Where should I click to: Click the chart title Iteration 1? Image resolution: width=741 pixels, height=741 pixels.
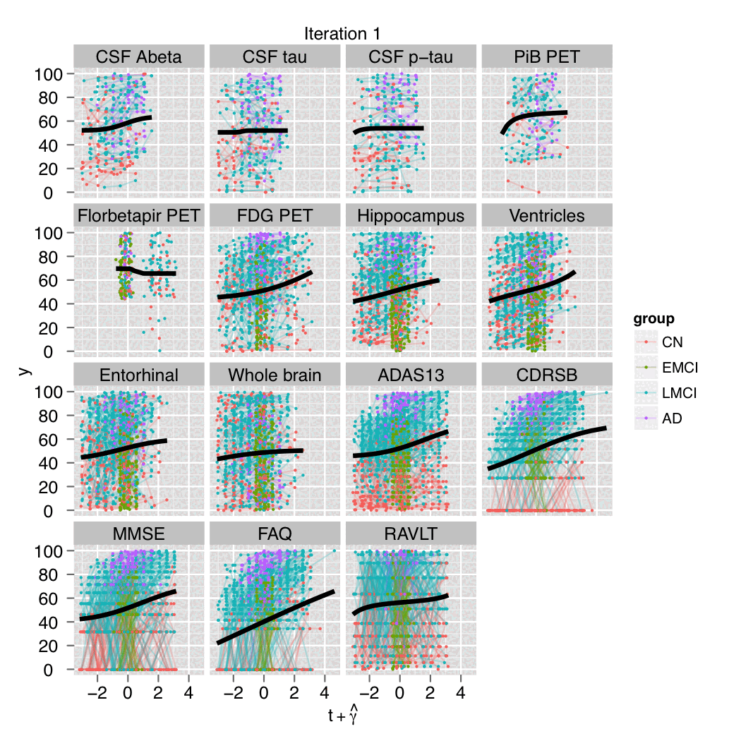(343, 35)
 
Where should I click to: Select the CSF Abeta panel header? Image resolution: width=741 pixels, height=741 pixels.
(138, 57)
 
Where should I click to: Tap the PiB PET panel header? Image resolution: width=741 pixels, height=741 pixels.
(547, 57)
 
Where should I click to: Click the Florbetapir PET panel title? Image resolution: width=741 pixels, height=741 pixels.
(138, 216)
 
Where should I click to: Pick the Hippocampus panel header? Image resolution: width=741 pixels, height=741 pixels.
(411, 216)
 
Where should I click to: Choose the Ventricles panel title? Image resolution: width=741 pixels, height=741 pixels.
(547, 216)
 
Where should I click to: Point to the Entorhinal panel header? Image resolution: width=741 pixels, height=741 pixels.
(138, 375)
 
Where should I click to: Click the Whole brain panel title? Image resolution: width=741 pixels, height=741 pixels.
(275, 375)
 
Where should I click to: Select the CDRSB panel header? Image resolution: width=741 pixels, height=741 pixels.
(547, 375)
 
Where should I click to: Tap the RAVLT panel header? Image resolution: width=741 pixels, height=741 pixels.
(411, 534)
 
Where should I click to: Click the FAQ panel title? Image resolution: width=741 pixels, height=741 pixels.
(275, 534)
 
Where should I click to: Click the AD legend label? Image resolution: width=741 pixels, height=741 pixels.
(672, 418)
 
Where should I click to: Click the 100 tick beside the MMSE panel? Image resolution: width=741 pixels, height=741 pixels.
(52, 550)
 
